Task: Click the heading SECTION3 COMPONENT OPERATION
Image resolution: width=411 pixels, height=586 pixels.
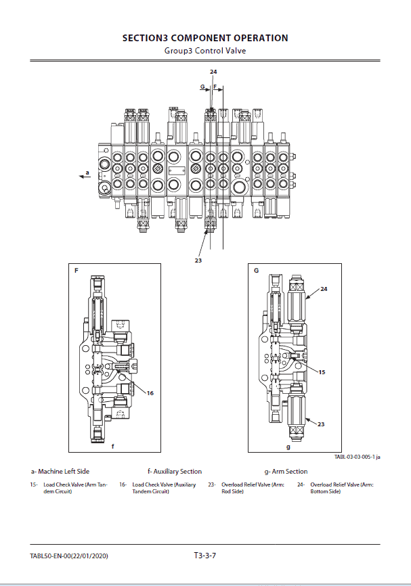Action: coord(205,38)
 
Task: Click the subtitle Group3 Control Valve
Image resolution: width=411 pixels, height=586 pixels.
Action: coord(205,51)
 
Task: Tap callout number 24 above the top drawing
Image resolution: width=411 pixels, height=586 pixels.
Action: coord(213,72)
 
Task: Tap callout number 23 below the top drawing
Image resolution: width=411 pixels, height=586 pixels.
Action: coord(198,259)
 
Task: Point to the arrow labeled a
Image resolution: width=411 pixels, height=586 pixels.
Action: coord(85,175)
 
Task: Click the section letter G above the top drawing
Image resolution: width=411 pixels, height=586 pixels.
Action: coord(202,87)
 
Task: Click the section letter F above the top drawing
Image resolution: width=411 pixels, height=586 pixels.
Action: coord(215,87)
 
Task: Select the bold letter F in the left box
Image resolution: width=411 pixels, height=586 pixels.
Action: coord(77,271)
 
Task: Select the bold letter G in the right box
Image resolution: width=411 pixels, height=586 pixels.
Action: coord(257,271)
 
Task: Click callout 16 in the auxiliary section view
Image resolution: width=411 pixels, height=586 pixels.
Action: coord(150,392)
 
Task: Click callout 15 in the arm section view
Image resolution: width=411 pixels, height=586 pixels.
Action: coord(322,371)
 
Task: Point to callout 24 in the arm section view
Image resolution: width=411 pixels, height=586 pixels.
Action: coord(324,289)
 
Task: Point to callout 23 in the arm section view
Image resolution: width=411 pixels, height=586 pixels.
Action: coord(322,424)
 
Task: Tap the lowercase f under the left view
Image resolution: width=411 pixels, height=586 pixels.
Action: coord(112,447)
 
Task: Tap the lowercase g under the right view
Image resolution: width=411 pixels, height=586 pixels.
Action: coord(288,447)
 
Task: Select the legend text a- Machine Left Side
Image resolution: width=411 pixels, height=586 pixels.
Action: coord(60,471)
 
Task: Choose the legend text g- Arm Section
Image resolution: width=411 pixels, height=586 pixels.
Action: coord(286,471)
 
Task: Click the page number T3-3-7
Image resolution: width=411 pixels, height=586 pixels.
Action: coord(205,556)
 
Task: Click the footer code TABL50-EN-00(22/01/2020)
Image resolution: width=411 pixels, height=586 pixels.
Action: coord(69,556)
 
